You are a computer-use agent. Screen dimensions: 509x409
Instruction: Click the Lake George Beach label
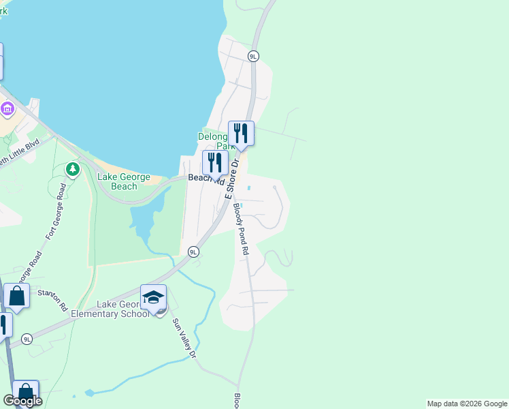[x=123, y=181]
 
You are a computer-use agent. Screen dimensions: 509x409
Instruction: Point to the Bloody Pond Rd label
[x=242, y=228]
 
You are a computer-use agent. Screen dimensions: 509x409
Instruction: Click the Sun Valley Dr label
[x=184, y=338]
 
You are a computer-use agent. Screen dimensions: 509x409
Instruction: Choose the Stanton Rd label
[x=52, y=301]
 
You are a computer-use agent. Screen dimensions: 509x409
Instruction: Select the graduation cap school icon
[x=153, y=297]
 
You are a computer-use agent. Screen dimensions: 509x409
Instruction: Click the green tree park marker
[x=71, y=168]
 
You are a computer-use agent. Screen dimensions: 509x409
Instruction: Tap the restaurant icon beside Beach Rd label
[x=215, y=163]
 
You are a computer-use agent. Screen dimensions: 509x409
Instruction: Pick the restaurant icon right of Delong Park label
[x=241, y=133]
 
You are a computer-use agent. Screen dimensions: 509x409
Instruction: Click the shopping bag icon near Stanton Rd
[x=16, y=297]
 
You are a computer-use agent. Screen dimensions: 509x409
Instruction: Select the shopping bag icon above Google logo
[x=25, y=393]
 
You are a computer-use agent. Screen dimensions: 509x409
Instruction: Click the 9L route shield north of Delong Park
[x=254, y=57]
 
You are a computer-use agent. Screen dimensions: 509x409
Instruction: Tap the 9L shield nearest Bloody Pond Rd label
[x=193, y=252]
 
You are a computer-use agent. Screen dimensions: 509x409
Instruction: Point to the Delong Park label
[x=216, y=140]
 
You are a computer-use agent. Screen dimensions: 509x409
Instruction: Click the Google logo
[x=22, y=401]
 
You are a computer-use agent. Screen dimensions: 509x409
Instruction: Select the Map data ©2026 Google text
[x=467, y=404]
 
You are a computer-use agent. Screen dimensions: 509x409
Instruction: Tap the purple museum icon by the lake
[x=7, y=108]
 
